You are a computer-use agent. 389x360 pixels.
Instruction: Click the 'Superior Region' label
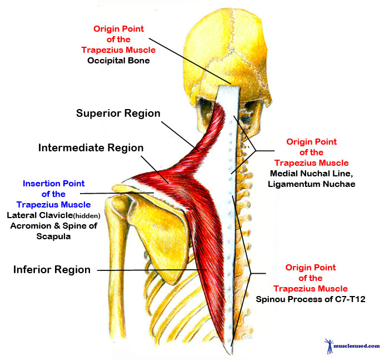coord(118,114)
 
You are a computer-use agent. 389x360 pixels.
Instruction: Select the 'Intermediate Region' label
coord(91,148)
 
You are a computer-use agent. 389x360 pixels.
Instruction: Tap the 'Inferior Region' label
coord(52,270)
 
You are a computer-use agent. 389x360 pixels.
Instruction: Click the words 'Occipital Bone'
coord(118,60)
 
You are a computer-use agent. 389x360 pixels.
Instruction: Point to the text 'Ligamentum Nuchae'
coord(311,184)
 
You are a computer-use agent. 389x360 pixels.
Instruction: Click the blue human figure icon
coord(327,345)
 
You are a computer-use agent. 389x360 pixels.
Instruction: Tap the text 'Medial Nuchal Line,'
coord(311,173)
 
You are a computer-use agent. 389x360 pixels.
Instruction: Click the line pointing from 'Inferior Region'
coord(150,270)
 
